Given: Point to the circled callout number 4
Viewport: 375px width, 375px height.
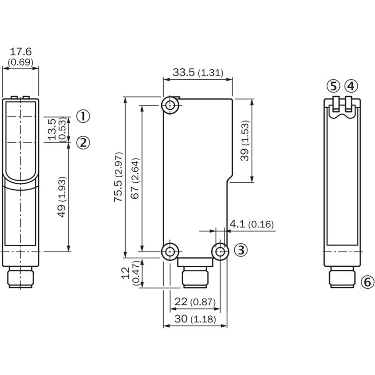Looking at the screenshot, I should coord(351,86).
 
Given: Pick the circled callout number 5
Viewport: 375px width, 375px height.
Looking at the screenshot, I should coord(333,86).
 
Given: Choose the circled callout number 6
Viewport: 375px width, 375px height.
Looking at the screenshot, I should coord(368,282).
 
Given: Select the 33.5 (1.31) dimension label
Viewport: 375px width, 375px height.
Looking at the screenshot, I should coord(197,73).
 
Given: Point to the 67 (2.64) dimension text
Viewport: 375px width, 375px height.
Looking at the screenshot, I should coord(135,177).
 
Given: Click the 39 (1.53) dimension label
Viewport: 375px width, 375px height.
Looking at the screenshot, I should coord(245,141).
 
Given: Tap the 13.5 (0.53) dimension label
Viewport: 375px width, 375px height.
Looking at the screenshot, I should coord(56,129).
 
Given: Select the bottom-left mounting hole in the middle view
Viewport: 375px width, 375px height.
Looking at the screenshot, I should coord(170,252).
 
